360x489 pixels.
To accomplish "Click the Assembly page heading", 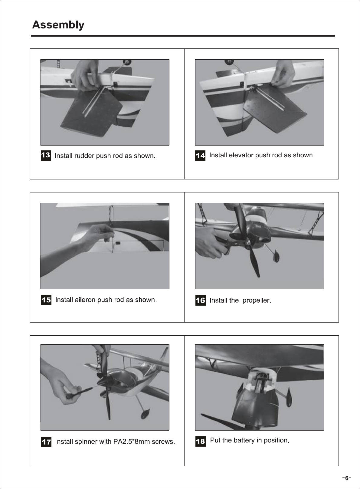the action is (58, 25).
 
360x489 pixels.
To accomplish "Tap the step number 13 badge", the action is (46, 156).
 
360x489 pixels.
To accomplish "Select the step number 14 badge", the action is (200, 156).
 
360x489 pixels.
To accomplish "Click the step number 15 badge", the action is (46, 300).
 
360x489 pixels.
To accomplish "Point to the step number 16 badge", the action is (201, 300).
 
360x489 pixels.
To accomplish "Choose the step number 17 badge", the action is (46, 441).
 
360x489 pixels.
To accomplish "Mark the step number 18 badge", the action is (201, 441).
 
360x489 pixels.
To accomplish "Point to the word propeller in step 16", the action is (257, 300).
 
